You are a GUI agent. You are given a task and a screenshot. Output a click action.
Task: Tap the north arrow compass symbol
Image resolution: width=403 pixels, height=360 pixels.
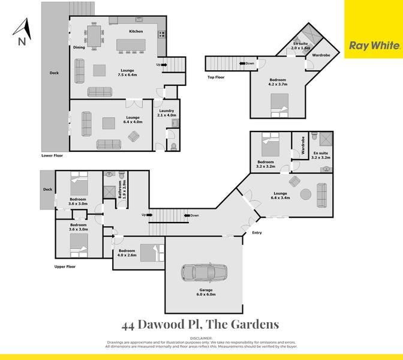click(22, 32)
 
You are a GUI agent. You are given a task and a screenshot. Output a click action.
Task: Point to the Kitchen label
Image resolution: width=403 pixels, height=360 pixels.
click(136, 31)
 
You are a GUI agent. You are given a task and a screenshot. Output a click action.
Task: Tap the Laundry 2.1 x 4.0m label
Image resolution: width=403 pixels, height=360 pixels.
click(166, 112)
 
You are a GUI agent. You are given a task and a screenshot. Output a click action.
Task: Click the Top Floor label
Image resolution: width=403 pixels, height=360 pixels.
click(216, 77)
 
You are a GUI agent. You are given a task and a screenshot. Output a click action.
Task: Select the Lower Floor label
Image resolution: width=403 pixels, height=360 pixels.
click(52, 155)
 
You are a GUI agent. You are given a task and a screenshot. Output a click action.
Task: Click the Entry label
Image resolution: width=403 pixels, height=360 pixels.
click(257, 232)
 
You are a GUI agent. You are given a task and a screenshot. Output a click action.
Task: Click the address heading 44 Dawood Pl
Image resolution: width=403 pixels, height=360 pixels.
click(200, 325)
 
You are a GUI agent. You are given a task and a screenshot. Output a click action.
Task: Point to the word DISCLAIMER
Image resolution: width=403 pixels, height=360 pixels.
click(201, 338)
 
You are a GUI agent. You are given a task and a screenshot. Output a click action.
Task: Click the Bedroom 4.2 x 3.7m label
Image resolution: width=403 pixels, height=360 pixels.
click(278, 82)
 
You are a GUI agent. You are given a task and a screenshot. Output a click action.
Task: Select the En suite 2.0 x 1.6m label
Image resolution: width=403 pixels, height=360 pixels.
click(301, 45)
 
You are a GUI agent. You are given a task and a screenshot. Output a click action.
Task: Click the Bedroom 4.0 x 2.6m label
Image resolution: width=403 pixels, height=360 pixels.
click(127, 253)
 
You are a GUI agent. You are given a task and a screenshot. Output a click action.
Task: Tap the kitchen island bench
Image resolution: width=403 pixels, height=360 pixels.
click(131, 45)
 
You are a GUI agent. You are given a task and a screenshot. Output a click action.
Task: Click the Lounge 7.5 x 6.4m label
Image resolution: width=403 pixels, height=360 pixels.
click(127, 73)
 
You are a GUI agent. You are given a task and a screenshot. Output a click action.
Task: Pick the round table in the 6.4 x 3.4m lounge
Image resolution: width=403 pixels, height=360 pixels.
click(305, 194)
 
